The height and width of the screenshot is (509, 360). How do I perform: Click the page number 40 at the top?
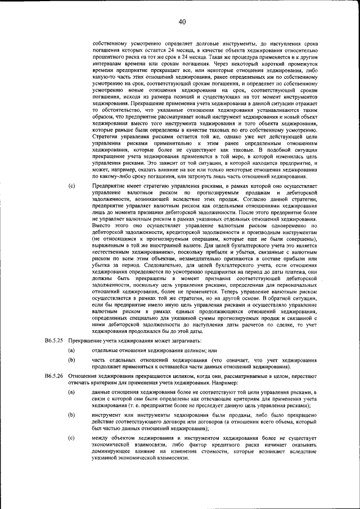click(180, 22)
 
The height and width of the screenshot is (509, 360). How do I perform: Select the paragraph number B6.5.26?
click(55, 375)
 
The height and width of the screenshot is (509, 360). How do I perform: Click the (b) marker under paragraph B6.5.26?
click(71, 415)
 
